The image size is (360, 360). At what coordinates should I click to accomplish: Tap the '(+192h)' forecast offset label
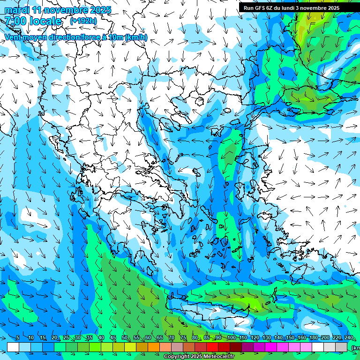[x=83, y=21]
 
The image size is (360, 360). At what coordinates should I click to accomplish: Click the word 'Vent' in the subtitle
[x=14, y=37]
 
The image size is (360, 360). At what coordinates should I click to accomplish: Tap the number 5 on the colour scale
[x=18, y=338]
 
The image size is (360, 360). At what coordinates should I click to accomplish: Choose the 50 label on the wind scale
[x=124, y=338]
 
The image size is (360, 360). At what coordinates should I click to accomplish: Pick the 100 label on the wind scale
[x=232, y=338]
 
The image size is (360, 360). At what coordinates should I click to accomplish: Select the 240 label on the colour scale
[x=349, y=338]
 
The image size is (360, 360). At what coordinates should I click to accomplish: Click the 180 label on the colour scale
[x=313, y=338]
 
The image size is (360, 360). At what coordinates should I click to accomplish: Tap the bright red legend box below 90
[x=212, y=347]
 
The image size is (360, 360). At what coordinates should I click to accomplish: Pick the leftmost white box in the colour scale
[x=13, y=347]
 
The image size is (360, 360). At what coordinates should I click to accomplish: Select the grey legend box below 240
[x=341, y=347]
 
